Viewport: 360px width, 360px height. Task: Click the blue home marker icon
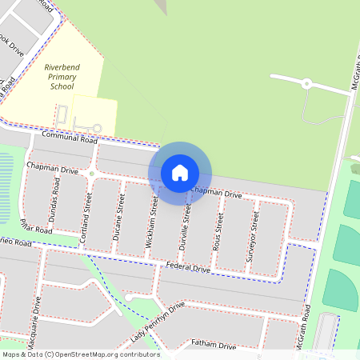point(180,172)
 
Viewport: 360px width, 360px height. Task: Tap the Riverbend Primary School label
point(62,77)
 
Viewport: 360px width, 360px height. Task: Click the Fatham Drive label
point(214,345)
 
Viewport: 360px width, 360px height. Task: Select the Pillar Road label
point(37,226)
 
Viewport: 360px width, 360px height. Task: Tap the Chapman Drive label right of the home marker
point(216,194)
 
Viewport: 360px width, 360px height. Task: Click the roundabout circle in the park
point(306,83)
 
